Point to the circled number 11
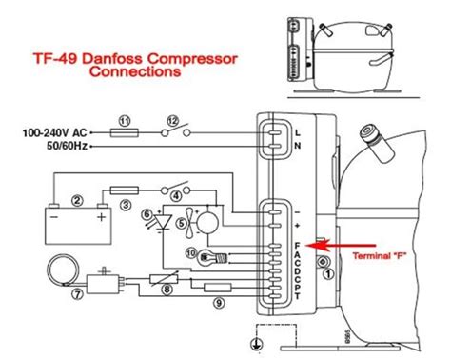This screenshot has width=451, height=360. coord(124,119)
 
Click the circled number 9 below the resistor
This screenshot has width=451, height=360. coord(218,303)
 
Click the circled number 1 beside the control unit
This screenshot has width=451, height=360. coord(328,274)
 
